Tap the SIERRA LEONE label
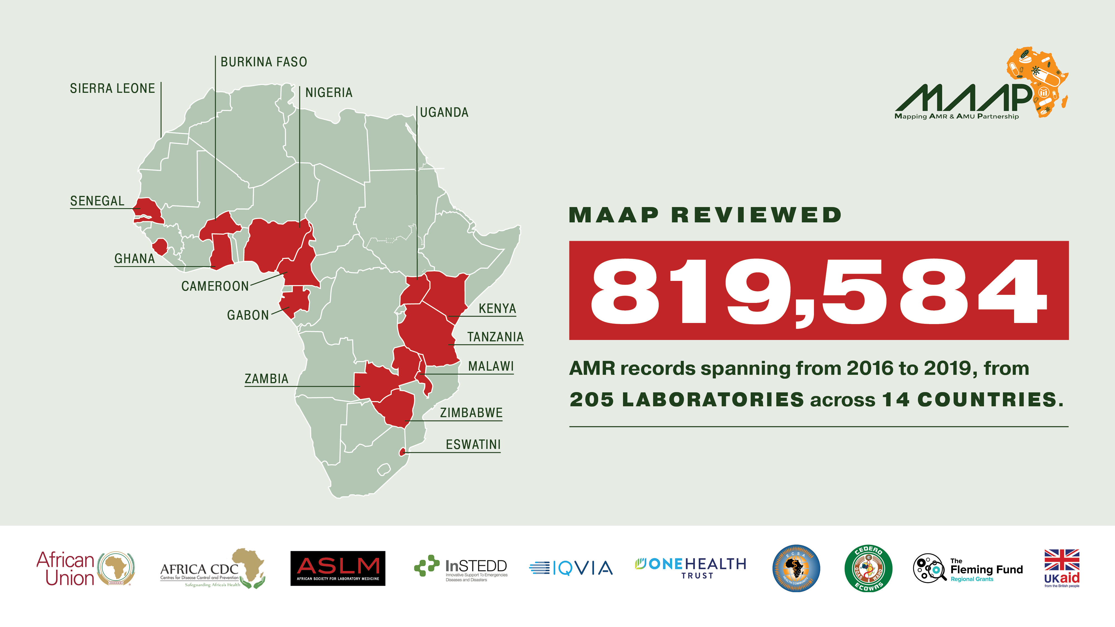[x=112, y=89]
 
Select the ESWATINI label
[x=473, y=445]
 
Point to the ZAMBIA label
[x=266, y=379]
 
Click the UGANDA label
[x=444, y=113]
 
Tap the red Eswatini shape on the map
[x=403, y=452]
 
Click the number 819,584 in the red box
[x=818, y=291]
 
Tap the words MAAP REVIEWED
[x=705, y=215]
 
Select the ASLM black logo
[x=338, y=568]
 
